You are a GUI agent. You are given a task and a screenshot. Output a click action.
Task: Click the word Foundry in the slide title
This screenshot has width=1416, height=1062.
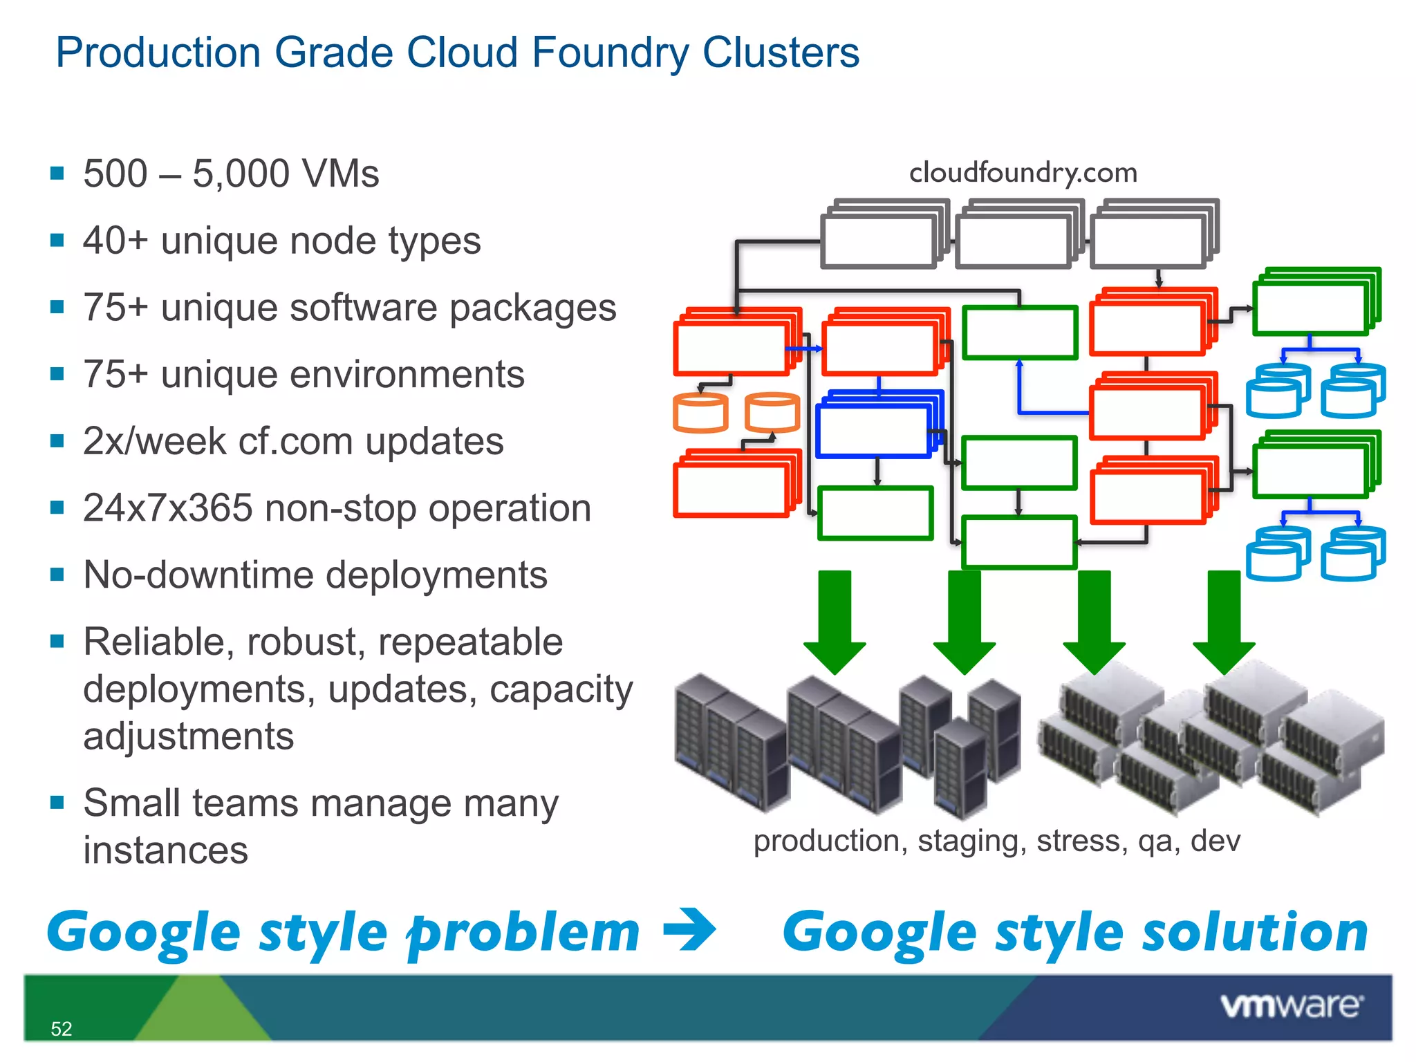[x=610, y=53]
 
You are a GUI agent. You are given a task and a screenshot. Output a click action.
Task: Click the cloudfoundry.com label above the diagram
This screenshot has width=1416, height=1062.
[x=1023, y=173]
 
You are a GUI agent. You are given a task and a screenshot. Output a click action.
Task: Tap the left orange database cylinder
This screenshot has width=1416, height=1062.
[x=700, y=413]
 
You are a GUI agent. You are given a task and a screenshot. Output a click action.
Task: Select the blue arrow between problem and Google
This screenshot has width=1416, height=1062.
[x=689, y=930]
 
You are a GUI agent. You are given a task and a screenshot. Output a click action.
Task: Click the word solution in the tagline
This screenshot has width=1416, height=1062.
[x=1254, y=932]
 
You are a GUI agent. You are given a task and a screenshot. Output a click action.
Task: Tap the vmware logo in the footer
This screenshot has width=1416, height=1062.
[x=1291, y=1005]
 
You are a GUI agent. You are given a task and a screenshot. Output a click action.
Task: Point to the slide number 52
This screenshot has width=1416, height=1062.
[x=61, y=1029]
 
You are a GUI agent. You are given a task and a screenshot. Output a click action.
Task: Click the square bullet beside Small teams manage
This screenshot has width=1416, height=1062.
[x=57, y=802]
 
